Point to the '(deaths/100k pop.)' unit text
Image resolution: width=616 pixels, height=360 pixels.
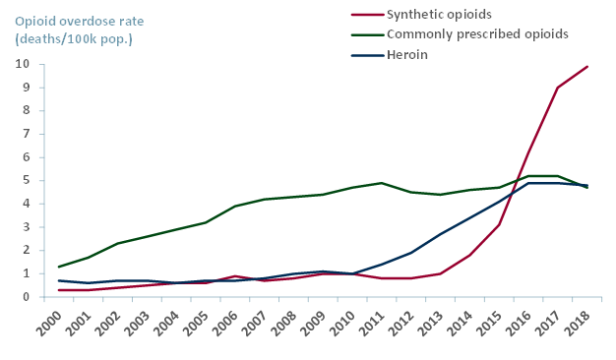[74, 38]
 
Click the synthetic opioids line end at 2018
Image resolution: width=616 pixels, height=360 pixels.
[587, 66]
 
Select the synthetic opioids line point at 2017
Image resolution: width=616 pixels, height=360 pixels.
[558, 88]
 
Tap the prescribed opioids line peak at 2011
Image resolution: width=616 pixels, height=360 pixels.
[382, 183]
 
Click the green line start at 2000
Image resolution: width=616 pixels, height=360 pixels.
[59, 267]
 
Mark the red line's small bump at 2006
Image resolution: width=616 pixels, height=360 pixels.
[235, 276]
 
